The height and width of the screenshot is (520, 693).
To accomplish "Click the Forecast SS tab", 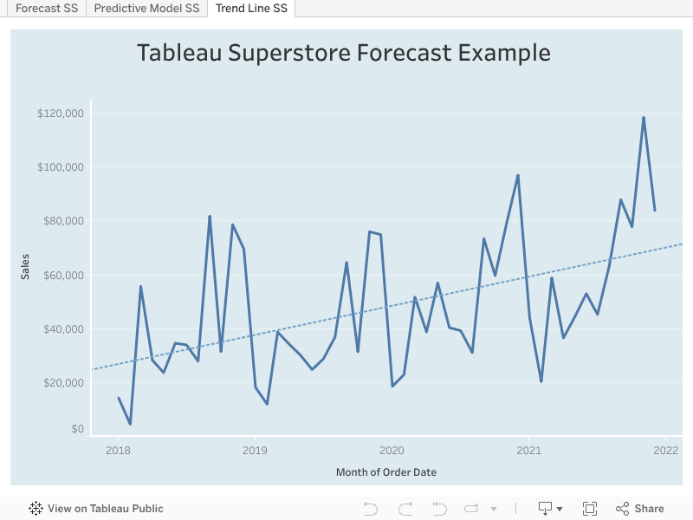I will (47, 9).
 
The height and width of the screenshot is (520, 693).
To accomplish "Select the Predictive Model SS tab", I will (146, 9).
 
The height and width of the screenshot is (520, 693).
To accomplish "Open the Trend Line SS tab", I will (251, 9).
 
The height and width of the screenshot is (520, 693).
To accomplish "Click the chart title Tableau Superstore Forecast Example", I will (344, 53).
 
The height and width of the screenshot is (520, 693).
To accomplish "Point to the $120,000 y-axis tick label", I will (61, 114).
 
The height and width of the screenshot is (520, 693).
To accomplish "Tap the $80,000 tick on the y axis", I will (63, 221).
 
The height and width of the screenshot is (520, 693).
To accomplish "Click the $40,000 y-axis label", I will (63, 329).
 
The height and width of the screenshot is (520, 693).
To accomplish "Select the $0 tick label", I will (78, 429).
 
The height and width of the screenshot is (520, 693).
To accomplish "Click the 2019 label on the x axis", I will (255, 451).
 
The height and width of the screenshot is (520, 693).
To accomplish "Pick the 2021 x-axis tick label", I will (528, 451).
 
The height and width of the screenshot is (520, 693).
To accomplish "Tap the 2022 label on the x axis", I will (665, 451).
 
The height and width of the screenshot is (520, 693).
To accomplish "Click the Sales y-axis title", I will (26, 266).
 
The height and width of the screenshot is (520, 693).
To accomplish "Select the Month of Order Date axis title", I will (386, 472).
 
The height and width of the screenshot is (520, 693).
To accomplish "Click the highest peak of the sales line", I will (644, 118).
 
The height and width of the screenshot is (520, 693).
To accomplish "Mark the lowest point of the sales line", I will (130, 424).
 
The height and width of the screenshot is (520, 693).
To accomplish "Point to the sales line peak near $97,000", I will (518, 176).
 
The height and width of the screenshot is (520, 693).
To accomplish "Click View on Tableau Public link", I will (96, 509).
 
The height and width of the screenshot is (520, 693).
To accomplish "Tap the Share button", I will (640, 509).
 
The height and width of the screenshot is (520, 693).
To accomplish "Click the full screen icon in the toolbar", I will (590, 509).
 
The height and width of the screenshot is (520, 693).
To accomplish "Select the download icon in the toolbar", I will (546, 509).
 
